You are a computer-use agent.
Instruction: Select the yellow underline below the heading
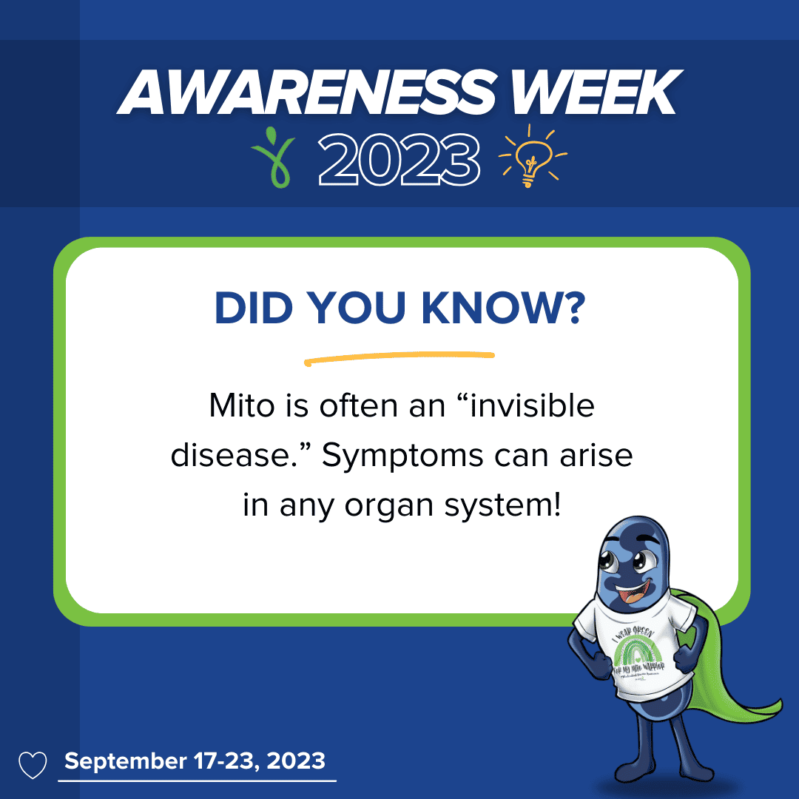pos(399,358)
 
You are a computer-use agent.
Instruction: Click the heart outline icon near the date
pos(33,764)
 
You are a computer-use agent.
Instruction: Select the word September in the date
pos(125,761)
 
